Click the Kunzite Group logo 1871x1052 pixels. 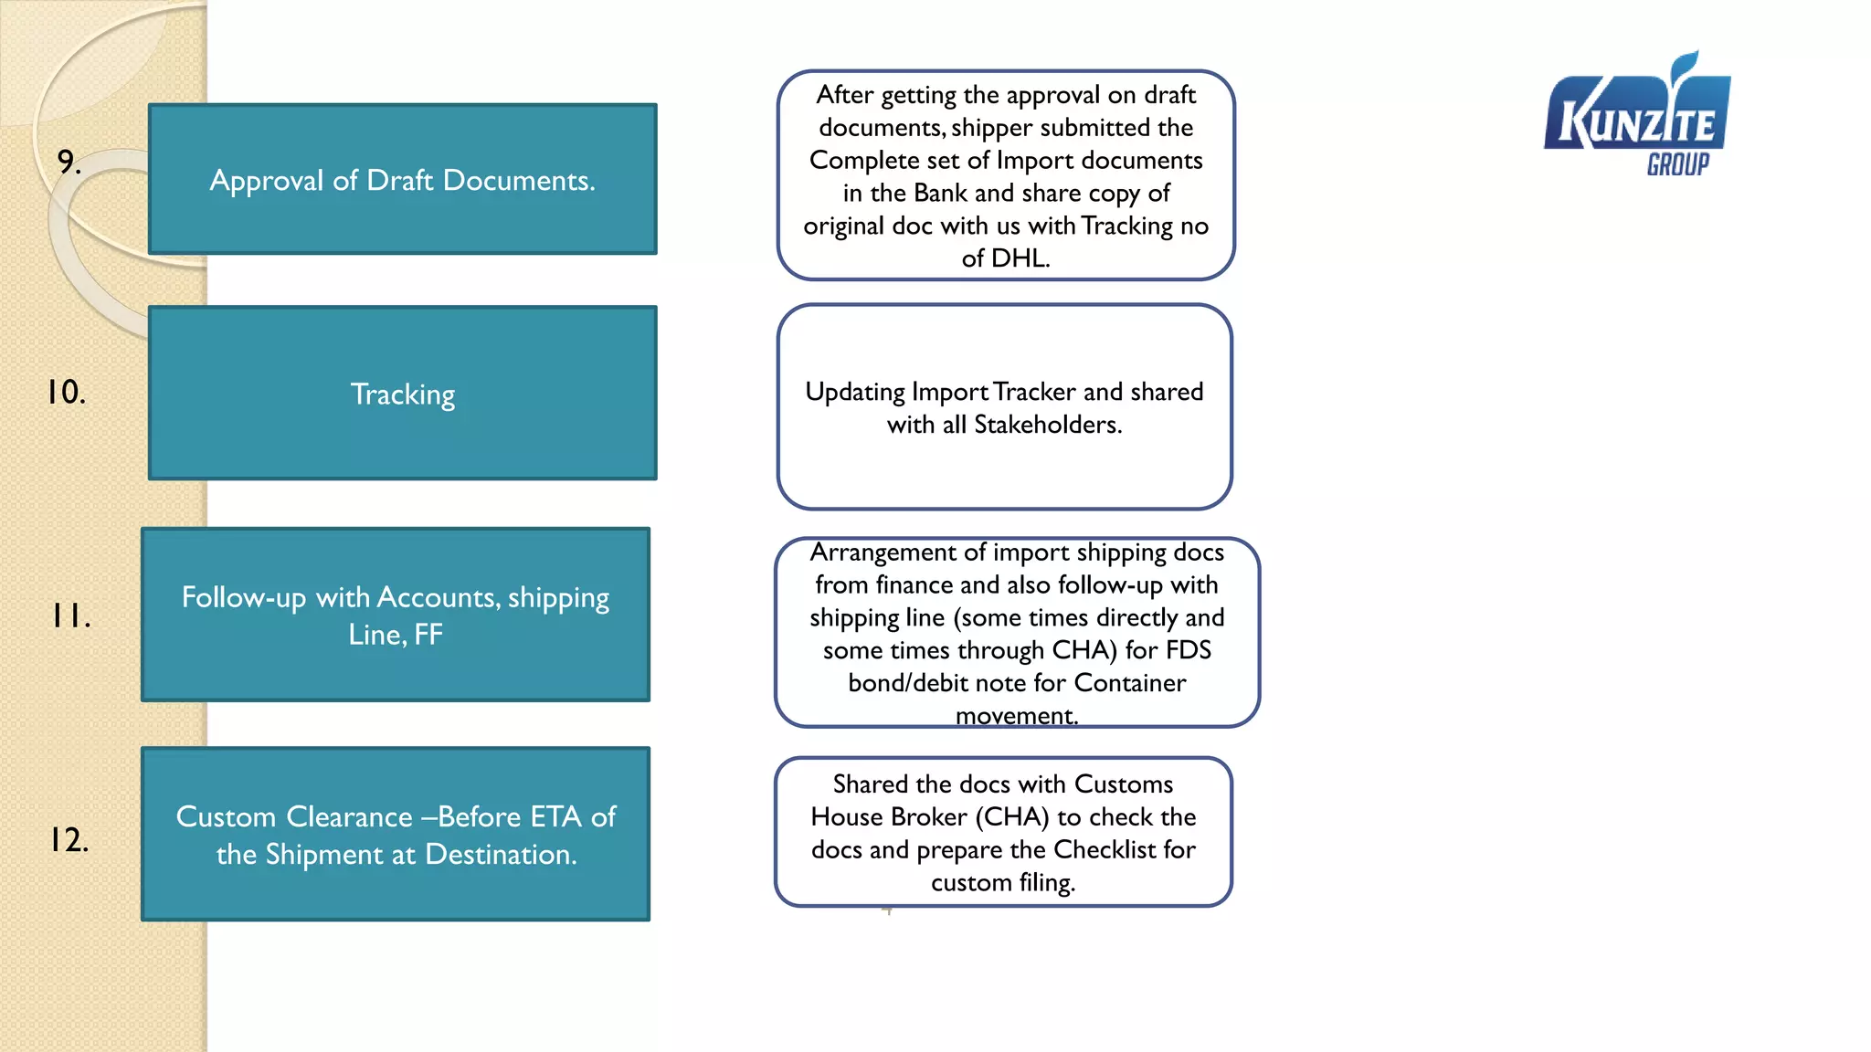click(1637, 114)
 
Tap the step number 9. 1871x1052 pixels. click(69, 162)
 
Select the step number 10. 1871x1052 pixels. click(66, 392)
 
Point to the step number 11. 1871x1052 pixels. click(70, 616)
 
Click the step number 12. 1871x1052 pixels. click(69, 839)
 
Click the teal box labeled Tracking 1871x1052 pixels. click(402, 394)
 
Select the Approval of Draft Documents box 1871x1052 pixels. click(402, 180)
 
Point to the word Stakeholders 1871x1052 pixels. click(1047, 425)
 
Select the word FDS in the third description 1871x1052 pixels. click(1189, 650)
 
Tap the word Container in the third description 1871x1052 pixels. click(1129, 683)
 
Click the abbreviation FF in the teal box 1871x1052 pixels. click(428, 635)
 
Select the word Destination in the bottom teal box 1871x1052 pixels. click(501, 855)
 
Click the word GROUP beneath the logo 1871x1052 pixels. click(1677, 165)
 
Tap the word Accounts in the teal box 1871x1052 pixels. click(438, 597)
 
